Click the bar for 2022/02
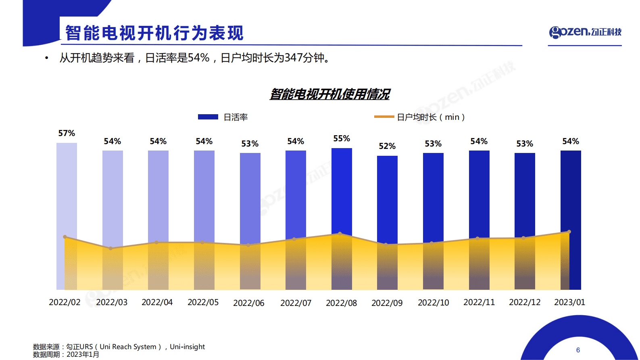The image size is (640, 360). point(67,190)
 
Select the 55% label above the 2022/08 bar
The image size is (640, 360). point(342,138)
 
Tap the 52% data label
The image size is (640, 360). point(387,146)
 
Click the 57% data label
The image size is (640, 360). point(67,133)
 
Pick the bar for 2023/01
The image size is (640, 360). point(571,190)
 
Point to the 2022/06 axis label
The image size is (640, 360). point(248,303)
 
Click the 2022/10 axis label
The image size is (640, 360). point(433,303)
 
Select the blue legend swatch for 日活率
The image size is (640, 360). point(208,117)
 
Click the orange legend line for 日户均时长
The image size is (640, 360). point(384,117)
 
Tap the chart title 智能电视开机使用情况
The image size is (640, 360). point(329,94)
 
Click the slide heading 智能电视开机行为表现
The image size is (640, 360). point(154,33)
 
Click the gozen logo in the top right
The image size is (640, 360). point(585,32)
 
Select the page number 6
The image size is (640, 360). point(578,350)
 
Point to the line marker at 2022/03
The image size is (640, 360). point(111,248)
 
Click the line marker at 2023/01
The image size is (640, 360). point(569,232)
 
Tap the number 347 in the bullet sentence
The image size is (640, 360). point(293,58)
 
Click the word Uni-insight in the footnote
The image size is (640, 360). point(187,347)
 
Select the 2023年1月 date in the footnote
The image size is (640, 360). point(83,354)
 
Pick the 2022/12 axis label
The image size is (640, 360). point(524,302)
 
